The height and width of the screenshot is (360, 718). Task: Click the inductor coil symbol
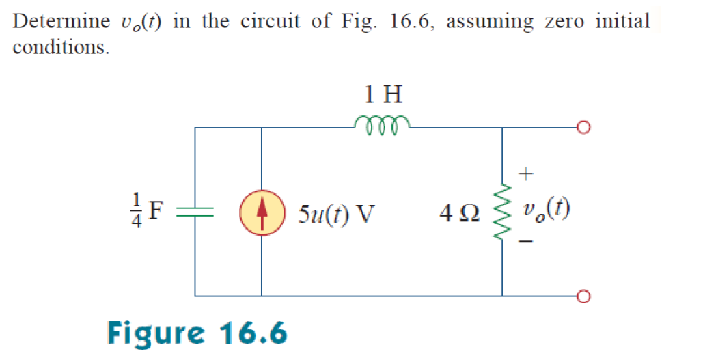coord(382,122)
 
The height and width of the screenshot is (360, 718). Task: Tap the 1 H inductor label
coord(383,93)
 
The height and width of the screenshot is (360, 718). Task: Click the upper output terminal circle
coord(583,128)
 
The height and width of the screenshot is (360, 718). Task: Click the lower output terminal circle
coord(583,296)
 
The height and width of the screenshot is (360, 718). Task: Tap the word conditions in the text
coord(60,49)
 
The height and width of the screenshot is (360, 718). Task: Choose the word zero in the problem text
coord(565,21)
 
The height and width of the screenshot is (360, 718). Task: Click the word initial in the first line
coord(623,21)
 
